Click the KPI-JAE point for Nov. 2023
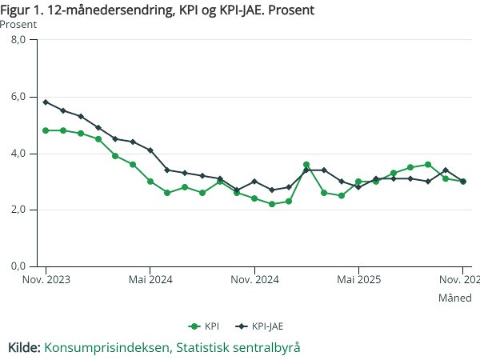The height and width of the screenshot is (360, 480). pyautogui.click(x=46, y=102)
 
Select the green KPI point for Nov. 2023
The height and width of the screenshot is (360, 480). pyautogui.click(x=46, y=130)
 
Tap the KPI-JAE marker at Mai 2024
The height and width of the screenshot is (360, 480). pyautogui.click(x=150, y=150)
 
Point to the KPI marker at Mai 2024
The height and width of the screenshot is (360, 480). pyautogui.click(x=150, y=182)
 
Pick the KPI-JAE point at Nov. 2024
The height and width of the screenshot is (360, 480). pyautogui.click(x=254, y=182)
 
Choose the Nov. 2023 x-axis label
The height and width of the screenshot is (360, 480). pyautogui.click(x=46, y=280)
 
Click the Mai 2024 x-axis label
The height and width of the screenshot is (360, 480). pyautogui.click(x=150, y=280)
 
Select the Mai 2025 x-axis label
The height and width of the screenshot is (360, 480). pyautogui.click(x=358, y=280)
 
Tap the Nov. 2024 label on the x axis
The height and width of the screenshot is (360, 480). pyautogui.click(x=254, y=280)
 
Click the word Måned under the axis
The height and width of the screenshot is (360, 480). pyautogui.click(x=454, y=298)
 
